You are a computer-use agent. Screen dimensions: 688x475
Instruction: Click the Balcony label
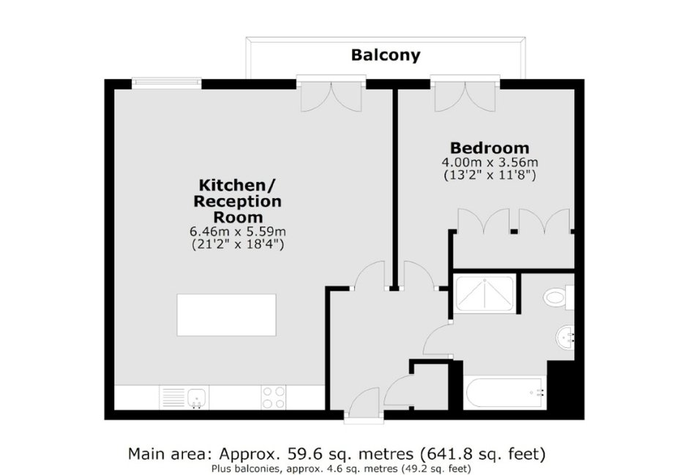[385, 55]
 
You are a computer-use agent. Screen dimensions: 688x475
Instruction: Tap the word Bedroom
[490, 148]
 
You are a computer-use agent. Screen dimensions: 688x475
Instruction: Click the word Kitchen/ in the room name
[237, 185]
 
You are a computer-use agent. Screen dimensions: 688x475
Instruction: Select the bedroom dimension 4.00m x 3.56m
[490, 162]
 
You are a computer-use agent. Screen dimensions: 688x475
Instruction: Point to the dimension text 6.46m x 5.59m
[237, 231]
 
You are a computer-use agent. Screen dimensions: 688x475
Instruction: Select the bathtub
[505, 392]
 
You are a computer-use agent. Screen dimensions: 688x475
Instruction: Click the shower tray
[485, 293]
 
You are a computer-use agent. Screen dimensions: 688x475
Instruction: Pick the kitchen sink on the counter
[184, 398]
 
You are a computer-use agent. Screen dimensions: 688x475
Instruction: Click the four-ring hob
[273, 398]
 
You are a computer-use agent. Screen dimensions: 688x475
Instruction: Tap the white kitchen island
[226, 315]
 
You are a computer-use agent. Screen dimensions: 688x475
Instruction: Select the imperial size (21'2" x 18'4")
[237, 244]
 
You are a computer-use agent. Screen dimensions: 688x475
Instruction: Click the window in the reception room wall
[167, 83]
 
